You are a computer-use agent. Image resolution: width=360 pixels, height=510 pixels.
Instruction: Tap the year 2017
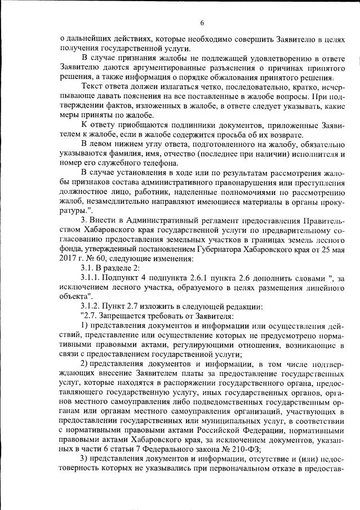pyautogui.click(x=69, y=260)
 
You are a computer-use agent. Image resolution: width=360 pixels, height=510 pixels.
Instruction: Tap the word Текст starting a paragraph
pyautogui.click(x=92, y=87)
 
